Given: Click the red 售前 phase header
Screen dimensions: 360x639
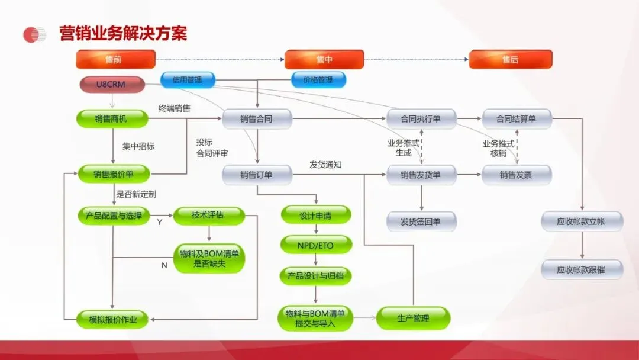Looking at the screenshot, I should point(115,59).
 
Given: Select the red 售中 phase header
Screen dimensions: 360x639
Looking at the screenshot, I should point(324,59).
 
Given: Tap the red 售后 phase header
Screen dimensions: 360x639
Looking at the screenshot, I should point(510,59).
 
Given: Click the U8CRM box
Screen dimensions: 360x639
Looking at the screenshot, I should point(111,84).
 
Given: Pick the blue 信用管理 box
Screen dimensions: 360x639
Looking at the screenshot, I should point(188,79).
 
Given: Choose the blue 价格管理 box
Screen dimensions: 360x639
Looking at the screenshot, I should point(318,79).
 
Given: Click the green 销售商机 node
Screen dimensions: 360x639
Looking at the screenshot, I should point(111,119).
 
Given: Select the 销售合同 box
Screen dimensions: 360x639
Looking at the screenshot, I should point(257,119).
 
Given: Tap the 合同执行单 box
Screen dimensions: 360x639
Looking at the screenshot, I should point(421,119).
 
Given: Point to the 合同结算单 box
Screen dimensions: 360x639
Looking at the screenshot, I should point(517,119).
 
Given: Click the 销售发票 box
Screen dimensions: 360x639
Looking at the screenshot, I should point(517,175).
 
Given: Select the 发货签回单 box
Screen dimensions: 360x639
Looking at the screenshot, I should point(421,221).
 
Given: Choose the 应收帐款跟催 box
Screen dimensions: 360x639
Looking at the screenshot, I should point(582,269).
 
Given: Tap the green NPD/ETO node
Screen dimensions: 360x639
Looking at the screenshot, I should point(315,243).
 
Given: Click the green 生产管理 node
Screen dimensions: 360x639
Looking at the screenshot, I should point(413,318).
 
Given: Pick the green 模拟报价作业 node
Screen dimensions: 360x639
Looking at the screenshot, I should point(113,320).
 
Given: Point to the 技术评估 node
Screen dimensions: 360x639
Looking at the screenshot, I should point(208,216).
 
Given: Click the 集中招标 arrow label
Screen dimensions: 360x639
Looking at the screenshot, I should point(138,146).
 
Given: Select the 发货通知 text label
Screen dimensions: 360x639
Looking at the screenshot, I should point(325,165).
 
